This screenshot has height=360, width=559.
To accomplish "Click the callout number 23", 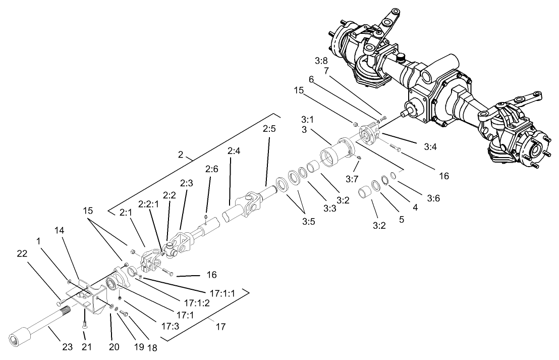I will point(68,347).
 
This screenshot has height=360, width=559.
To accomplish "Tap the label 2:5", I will point(269,129).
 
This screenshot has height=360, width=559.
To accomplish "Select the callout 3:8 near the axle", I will point(321,61).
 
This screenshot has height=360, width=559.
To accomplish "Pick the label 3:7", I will point(352,178).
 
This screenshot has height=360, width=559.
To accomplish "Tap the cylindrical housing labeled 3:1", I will point(335,153).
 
